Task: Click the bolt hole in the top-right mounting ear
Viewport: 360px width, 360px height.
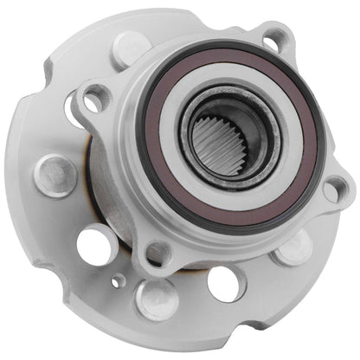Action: coord(275,39)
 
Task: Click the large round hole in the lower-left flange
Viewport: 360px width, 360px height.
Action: coord(95,244)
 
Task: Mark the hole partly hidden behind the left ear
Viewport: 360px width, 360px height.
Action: coord(74,110)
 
